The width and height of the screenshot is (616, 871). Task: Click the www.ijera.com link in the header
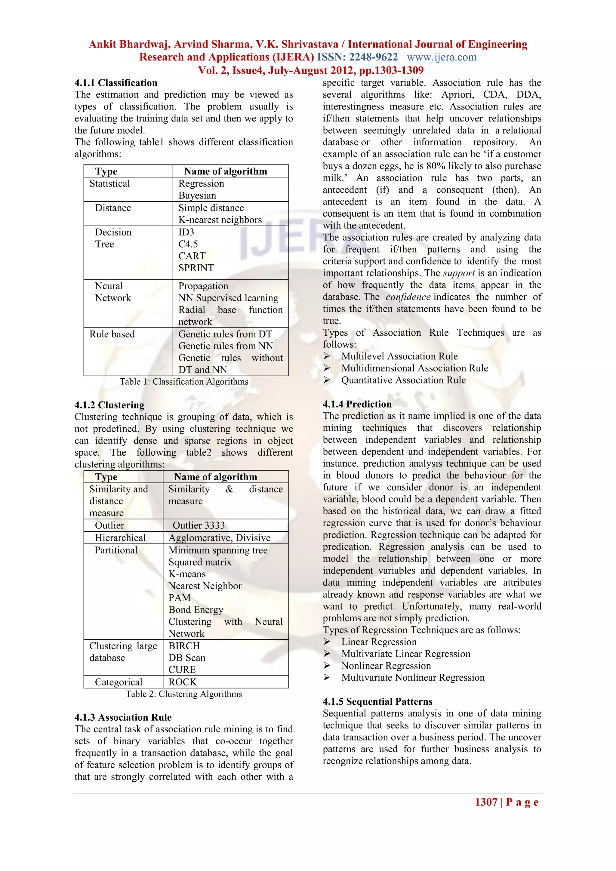click(x=442, y=57)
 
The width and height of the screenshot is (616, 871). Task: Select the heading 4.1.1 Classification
click(x=116, y=83)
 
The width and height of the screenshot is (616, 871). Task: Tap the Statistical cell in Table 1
click(x=109, y=183)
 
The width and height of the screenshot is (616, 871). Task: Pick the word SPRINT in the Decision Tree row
click(x=196, y=268)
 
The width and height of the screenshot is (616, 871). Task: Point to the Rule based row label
click(x=112, y=334)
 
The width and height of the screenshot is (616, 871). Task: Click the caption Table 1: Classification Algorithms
click(x=184, y=382)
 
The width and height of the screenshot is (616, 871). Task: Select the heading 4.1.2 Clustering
click(x=109, y=405)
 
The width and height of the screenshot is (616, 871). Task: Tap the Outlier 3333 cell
click(x=199, y=525)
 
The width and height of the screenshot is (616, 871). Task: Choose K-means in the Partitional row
click(x=187, y=574)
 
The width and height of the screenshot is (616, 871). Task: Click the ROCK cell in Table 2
click(x=183, y=682)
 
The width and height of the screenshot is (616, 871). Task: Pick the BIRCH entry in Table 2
click(x=184, y=646)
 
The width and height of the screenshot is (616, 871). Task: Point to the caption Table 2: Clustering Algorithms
click(x=184, y=694)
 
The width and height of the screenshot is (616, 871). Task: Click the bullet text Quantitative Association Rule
click(x=403, y=380)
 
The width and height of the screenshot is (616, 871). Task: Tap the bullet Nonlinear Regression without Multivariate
click(x=386, y=666)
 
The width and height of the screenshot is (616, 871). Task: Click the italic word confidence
click(x=408, y=297)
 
